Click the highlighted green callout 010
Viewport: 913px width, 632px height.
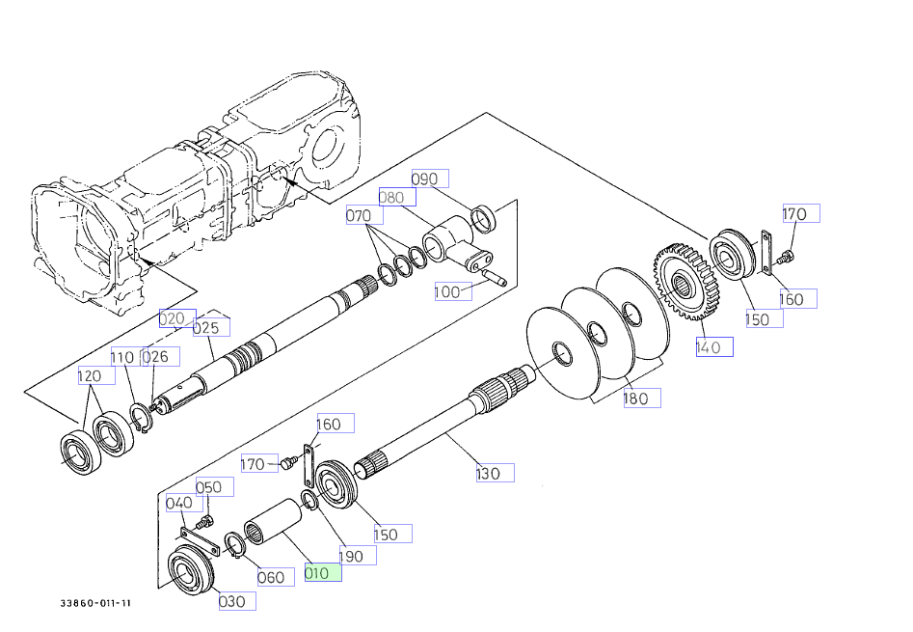pyautogui.click(x=322, y=572)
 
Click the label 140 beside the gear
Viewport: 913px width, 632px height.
pyautogui.click(x=714, y=346)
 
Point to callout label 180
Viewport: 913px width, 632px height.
pyautogui.click(x=641, y=398)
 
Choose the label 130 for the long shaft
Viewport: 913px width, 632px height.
pyautogui.click(x=494, y=473)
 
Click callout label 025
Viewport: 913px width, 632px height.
pyautogui.click(x=211, y=327)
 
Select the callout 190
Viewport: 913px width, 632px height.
pyautogui.click(x=356, y=555)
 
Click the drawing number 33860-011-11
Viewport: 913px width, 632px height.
pyautogui.click(x=94, y=604)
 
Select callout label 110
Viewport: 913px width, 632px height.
pyautogui.click(x=122, y=357)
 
